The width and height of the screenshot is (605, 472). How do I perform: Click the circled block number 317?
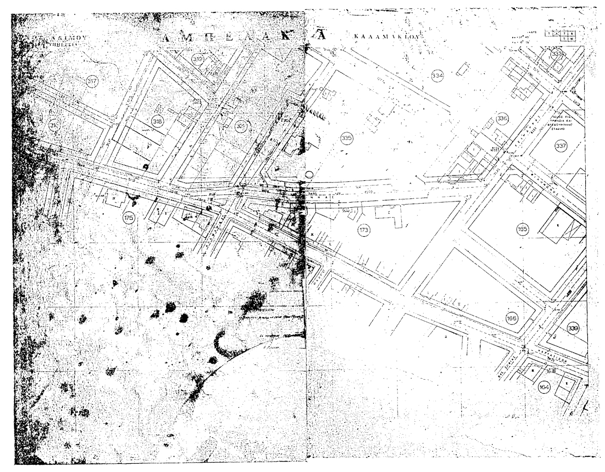[x=92, y=81]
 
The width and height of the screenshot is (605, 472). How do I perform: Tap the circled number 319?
[x=198, y=59]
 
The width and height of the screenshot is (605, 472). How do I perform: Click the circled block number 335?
[x=347, y=138]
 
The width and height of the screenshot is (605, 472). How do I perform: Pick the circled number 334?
[x=438, y=76]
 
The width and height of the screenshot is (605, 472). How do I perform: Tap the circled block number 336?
[x=502, y=119]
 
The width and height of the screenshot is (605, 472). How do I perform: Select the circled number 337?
[x=560, y=146]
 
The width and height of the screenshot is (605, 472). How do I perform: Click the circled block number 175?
[x=129, y=218]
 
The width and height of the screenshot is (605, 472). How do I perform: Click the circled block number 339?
[x=573, y=328]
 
